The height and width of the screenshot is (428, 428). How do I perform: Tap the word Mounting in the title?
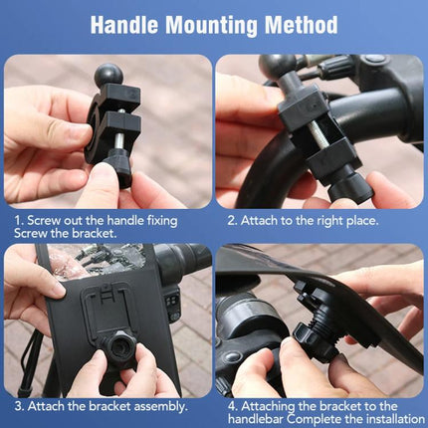[x=215, y=25]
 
